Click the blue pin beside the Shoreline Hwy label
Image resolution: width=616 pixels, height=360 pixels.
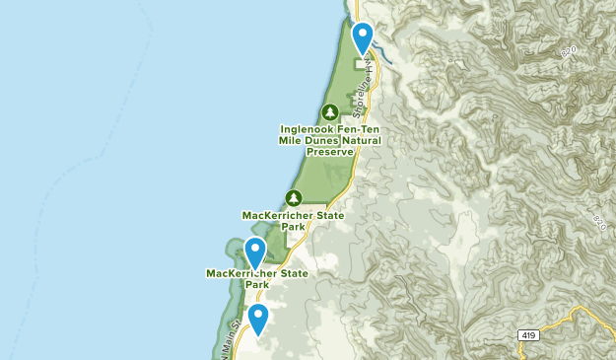[x=363, y=37]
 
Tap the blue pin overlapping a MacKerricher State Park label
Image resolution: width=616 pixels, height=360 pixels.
[x=255, y=252]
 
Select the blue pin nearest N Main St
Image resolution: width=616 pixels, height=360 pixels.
[x=258, y=318]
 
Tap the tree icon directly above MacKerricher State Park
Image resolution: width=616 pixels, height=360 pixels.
[x=293, y=197]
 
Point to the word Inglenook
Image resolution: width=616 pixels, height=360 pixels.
[x=309, y=128]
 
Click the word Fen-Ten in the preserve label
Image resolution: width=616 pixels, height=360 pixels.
[x=360, y=128]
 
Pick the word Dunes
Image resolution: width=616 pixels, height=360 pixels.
[x=326, y=140]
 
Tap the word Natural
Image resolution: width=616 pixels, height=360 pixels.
[x=364, y=140]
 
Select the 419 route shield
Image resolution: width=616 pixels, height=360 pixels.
[x=528, y=336]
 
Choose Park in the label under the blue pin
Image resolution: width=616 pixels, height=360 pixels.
[x=256, y=285]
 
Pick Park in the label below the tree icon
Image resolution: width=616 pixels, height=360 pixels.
[x=293, y=226]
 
